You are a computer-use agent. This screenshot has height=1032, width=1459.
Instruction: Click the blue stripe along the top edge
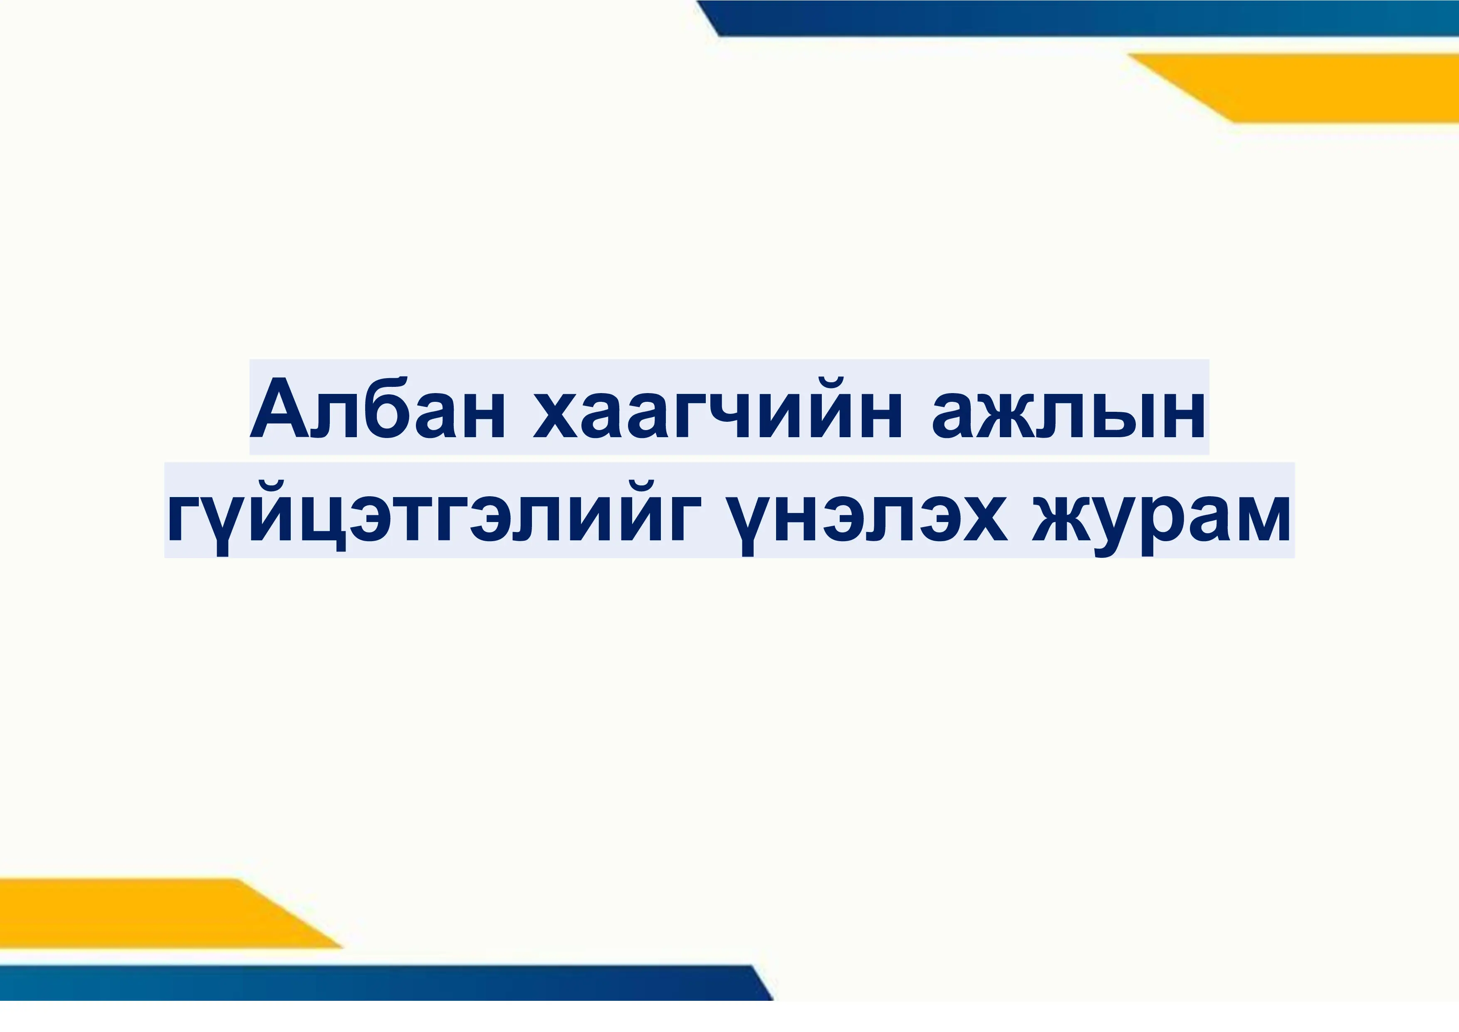(x=1080, y=18)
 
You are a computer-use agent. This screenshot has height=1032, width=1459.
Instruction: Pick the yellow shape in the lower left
(x=146, y=913)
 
